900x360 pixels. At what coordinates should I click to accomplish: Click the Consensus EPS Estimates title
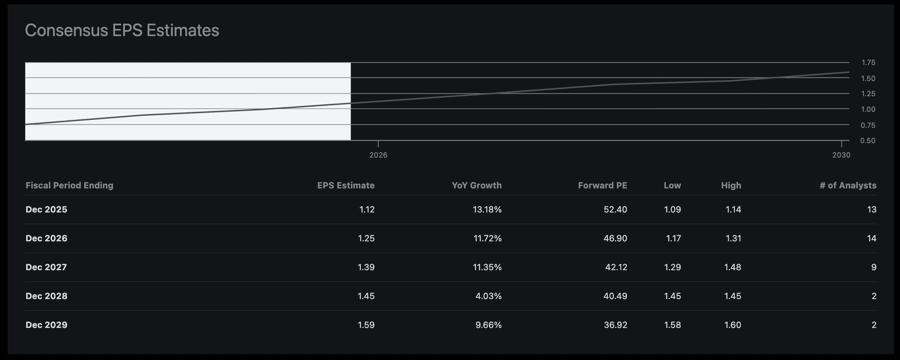[122, 30]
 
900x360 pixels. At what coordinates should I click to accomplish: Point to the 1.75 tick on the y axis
[868, 63]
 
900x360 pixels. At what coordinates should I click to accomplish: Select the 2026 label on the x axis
[378, 155]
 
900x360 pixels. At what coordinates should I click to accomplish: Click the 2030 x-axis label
[841, 155]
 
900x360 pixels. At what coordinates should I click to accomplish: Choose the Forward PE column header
[602, 185]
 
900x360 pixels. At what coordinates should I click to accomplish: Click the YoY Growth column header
[476, 185]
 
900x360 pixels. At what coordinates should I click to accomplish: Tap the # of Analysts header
[848, 185]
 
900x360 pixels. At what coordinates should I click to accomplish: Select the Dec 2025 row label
[47, 210]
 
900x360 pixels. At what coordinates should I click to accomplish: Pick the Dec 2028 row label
[47, 296]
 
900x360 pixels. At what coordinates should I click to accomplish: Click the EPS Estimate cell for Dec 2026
[366, 239]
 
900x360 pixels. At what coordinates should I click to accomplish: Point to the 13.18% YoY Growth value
[487, 210]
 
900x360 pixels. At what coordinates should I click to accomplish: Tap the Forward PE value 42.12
[616, 267]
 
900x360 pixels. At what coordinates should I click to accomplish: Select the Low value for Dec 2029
[672, 325]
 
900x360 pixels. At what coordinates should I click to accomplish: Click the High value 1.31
[733, 239]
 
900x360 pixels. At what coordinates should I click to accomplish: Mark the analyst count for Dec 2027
[874, 267]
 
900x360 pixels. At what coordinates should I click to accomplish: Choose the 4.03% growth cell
[488, 296]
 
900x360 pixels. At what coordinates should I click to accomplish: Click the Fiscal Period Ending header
[69, 185]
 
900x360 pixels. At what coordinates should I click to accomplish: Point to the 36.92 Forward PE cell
[615, 325]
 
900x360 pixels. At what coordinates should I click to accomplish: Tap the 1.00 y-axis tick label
[868, 109]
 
